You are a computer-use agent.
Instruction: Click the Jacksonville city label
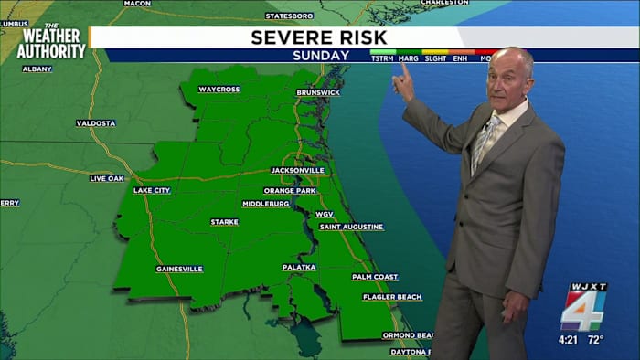[x=298, y=170]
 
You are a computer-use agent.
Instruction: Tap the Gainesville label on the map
[x=179, y=269]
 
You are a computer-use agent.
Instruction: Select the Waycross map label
[x=219, y=90]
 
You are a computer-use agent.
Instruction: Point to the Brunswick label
[x=318, y=93]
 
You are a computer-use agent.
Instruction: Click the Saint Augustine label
[x=351, y=227]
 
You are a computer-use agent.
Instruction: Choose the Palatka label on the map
[x=299, y=267]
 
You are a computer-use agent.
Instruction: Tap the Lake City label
[x=152, y=190]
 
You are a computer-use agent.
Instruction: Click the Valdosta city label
[x=96, y=122]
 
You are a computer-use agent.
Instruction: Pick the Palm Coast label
[x=375, y=277]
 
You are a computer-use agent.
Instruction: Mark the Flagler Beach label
[x=392, y=297]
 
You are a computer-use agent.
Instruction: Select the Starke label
[x=224, y=222]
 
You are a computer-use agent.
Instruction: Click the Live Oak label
[x=107, y=178]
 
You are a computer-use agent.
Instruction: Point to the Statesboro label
[x=289, y=16]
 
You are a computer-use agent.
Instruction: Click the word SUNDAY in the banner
[x=320, y=56]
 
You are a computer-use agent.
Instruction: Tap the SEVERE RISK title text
[x=309, y=37]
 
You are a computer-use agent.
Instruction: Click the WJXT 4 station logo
[x=583, y=307]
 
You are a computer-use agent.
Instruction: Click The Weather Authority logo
[x=51, y=42]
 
